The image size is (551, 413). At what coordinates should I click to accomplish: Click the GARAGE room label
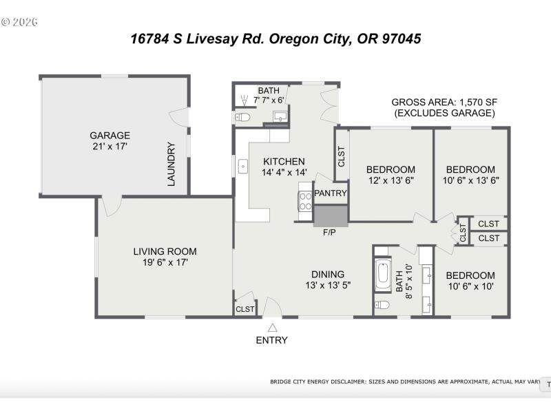pos(110,136)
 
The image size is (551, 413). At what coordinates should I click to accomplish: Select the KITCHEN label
pos(284,162)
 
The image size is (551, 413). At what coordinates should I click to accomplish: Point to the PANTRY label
pos(331,193)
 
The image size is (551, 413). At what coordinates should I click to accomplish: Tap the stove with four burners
pos(304,200)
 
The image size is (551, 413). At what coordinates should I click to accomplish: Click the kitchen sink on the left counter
pos(243,167)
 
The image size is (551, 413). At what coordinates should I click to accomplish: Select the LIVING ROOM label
pos(165,251)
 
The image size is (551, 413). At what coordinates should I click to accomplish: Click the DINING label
pos(328,273)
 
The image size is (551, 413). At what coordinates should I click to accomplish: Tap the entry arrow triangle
pos(272,328)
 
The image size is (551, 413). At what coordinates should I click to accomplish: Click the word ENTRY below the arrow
pos(272,340)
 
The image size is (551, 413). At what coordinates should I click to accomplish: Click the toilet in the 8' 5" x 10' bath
pos(382,304)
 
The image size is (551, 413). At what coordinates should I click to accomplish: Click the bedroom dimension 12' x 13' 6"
pos(391,181)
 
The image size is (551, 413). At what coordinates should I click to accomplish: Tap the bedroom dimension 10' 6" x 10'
pos(470,286)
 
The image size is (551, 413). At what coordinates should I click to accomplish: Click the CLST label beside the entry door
pos(245,310)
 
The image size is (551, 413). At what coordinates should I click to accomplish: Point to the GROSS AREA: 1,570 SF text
pos(444,102)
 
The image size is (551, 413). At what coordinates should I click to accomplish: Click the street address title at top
pos(275,39)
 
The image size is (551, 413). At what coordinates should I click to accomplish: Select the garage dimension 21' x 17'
pos(110,147)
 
